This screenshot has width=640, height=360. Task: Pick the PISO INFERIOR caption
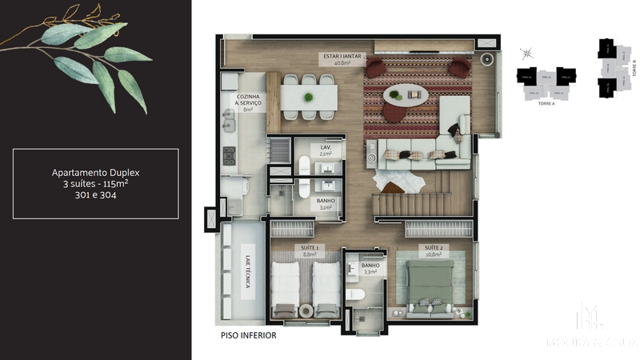pyautogui.click(x=248, y=336)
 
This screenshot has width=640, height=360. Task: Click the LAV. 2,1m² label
pyautogui.click(x=326, y=150)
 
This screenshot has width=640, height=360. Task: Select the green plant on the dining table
pyautogui.click(x=308, y=98)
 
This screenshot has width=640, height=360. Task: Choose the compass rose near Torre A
pyautogui.click(x=526, y=54)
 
